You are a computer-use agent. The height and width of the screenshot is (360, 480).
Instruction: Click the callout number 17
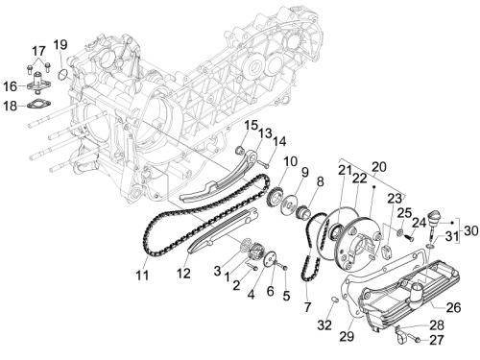pos(38,51)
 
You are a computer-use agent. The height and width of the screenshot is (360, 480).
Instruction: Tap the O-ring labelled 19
pos(64,75)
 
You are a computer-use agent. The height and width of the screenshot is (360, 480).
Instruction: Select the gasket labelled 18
pos(38,105)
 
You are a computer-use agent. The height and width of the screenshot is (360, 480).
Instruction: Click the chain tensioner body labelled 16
pos(38,83)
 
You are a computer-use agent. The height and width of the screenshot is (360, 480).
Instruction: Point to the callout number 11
pos(142,275)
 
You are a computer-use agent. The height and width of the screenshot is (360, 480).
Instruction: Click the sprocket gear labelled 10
pos(275,198)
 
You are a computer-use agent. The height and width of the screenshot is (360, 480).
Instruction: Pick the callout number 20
pos(379,167)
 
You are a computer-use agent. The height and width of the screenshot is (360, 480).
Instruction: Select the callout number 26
pos(453,307)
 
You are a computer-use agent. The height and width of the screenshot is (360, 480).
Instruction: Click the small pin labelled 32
pos(335,300)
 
